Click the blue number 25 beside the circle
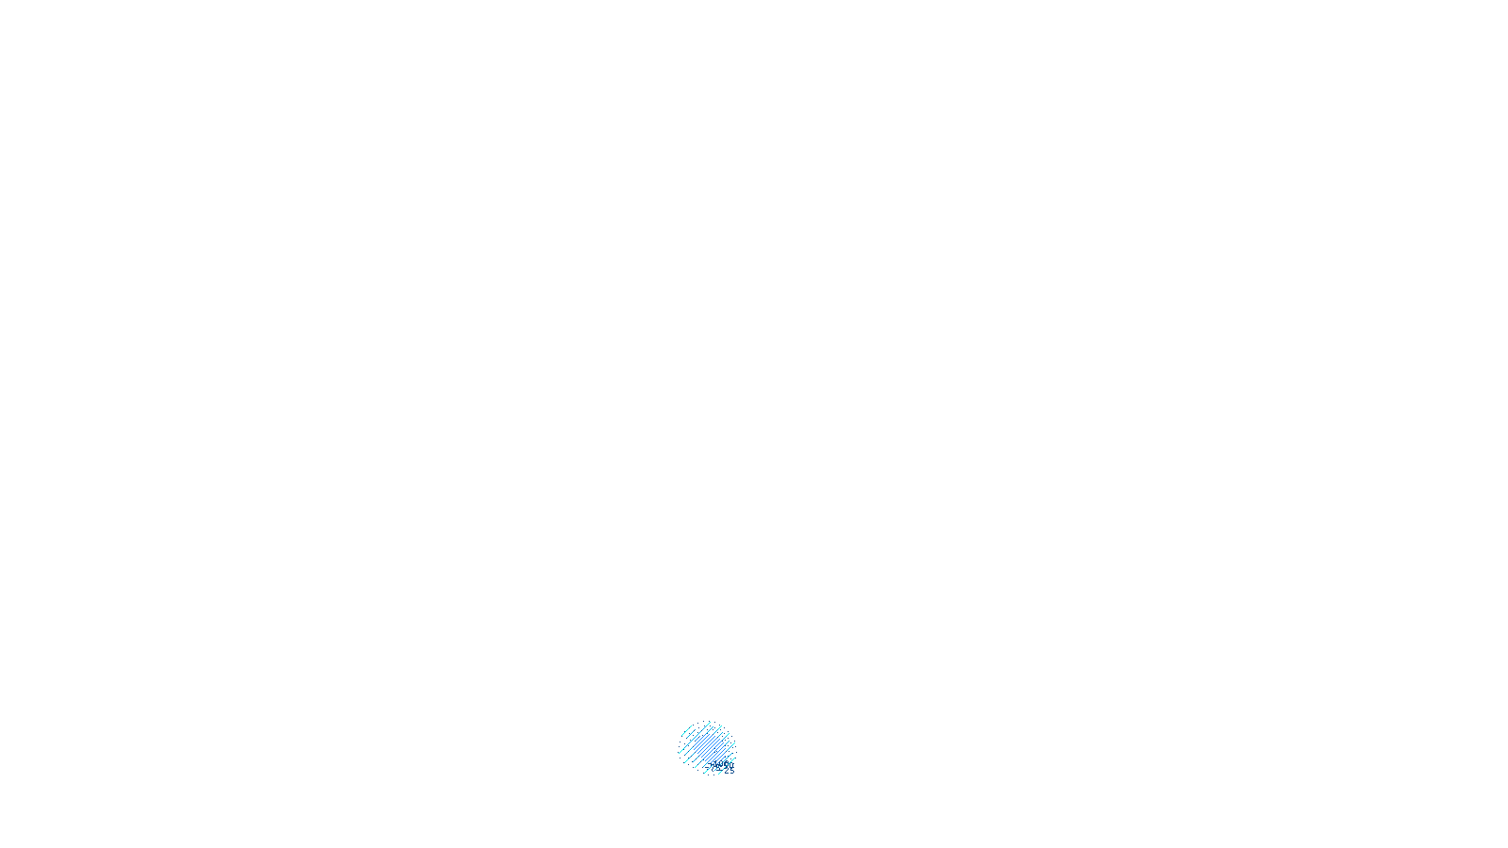click(x=729, y=772)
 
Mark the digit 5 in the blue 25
click(x=731, y=772)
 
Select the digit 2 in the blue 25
click(x=727, y=772)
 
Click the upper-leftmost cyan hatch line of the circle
click(x=685, y=731)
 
